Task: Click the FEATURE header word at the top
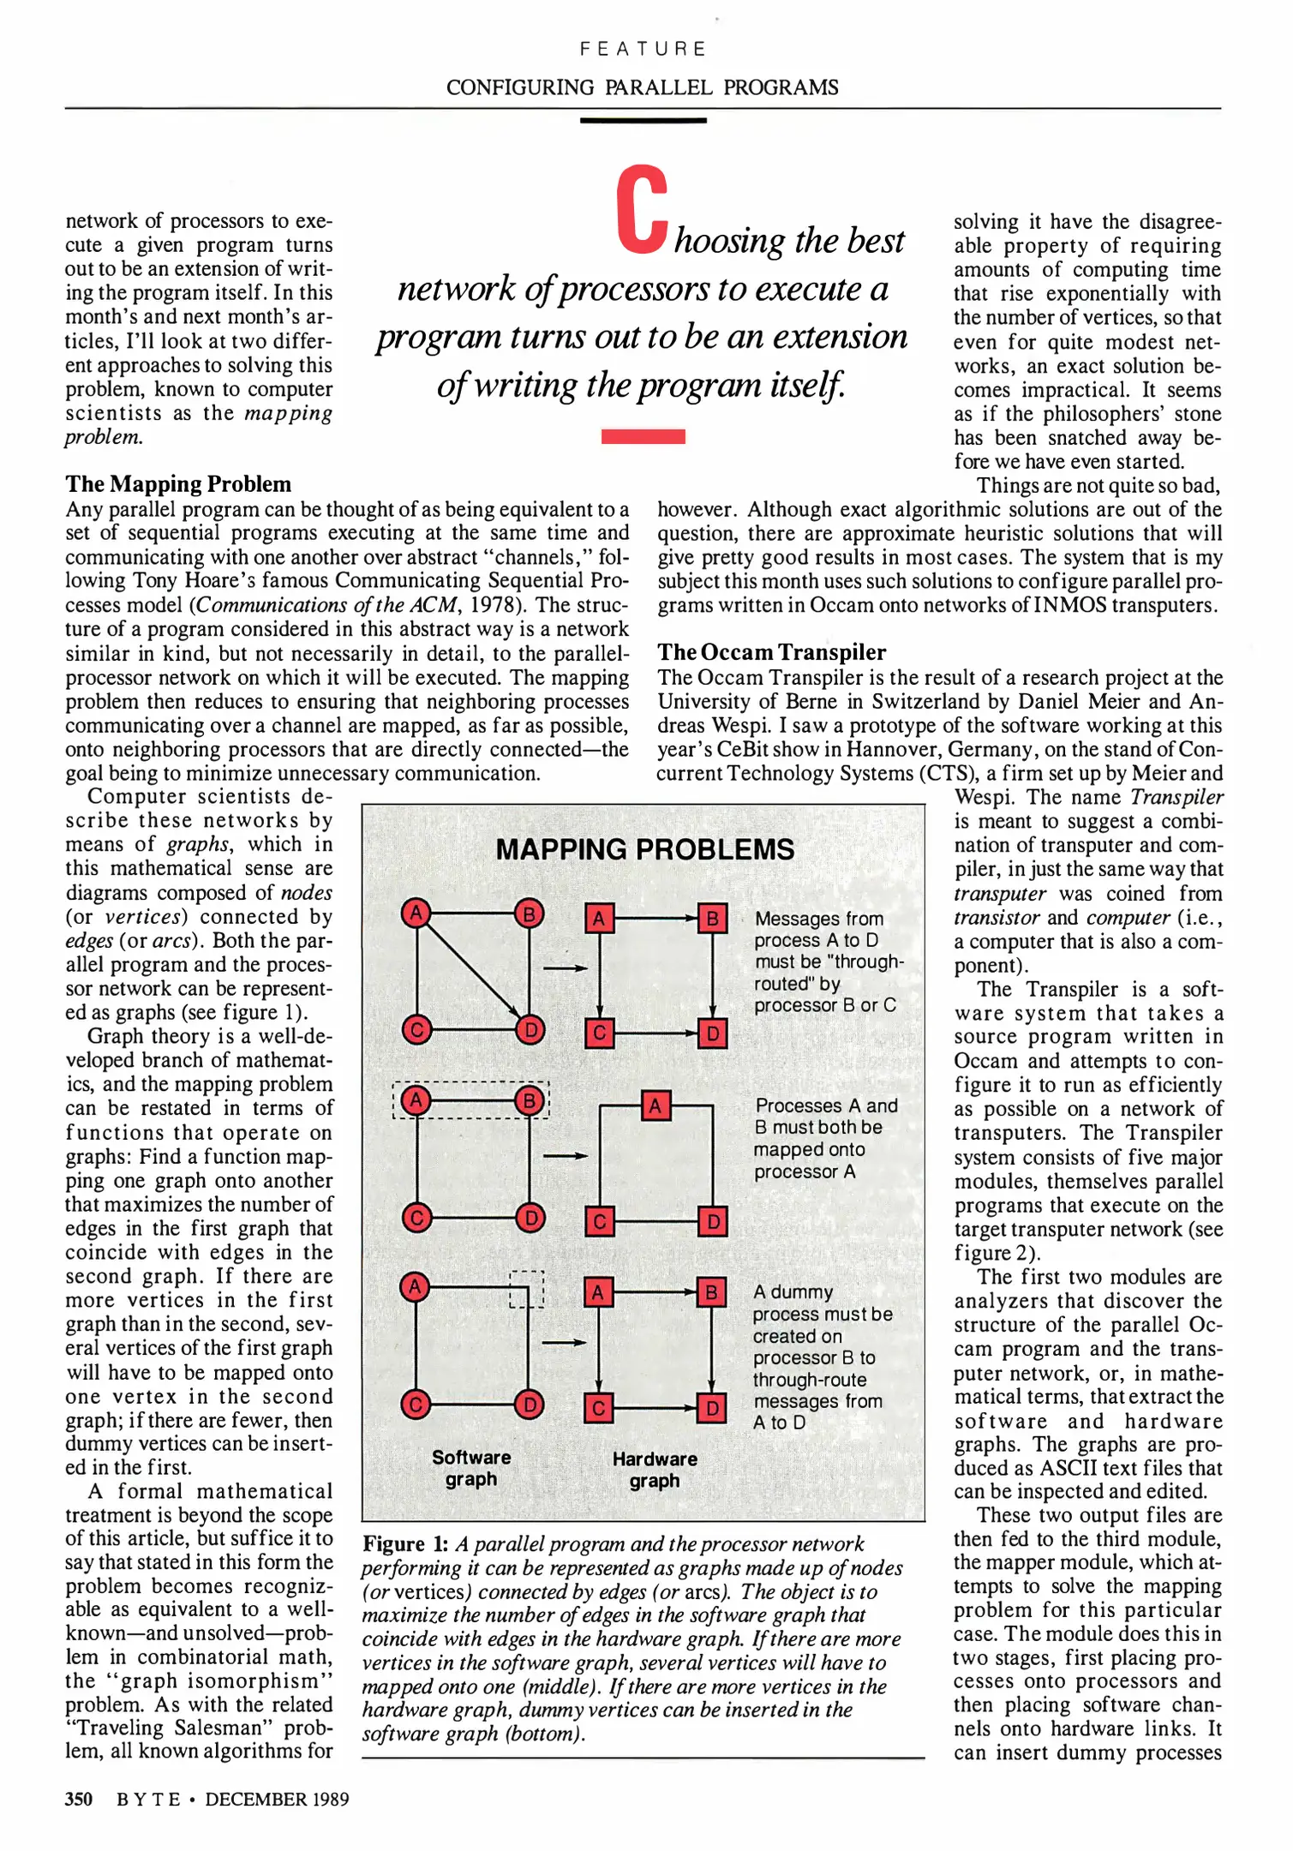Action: pyautogui.click(x=643, y=49)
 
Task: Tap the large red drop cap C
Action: pyautogui.click(x=642, y=210)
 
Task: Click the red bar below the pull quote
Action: pyautogui.click(x=643, y=436)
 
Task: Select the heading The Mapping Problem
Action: pyautogui.click(x=178, y=484)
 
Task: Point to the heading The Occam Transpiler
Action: pyautogui.click(x=771, y=652)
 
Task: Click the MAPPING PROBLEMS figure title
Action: pyautogui.click(x=644, y=849)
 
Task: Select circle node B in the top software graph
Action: pyautogui.click(x=530, y=914)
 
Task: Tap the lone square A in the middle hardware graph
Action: pyautogui.click(x=655, y=1105)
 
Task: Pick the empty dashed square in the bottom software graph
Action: pyautogui.click(x=527, y=1289)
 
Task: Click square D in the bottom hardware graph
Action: pyautogui.click(x=712, y=1408)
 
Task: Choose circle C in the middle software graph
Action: pyautogui.click(x=416, y=1218)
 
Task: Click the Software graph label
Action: pyautogui.click(x=471, y=1468)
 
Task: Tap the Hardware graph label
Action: pyautogui.click(x=655, y=1470)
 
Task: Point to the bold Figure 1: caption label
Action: pyautogui.click(x=405, y=1544)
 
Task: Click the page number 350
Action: pyautogui.click(x=79, y=1799)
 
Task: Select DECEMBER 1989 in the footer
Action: pyautogui.click(x=277, y=1799)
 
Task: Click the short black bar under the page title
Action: pyautogui.click(x=643, y=121)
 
